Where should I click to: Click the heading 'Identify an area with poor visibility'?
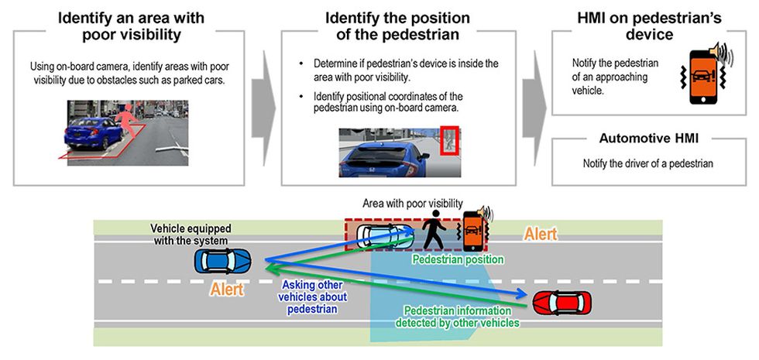pos(131,26)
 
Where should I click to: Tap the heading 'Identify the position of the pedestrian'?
pos(397,26)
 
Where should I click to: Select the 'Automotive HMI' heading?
pos(649,139)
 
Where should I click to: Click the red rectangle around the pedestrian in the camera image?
pos(449,141)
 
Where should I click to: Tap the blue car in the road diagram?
pos(223,262)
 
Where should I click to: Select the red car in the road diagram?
pos(562,303)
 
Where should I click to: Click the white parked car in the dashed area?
pos(386,235)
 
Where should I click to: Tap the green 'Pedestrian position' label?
pos(458,260)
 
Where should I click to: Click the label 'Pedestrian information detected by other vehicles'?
pos(458,317)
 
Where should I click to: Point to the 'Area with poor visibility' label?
pos(413,203)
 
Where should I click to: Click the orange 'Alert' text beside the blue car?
pos(227,290)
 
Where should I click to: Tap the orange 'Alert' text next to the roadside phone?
pos(541,234)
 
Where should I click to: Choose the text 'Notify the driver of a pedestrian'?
pos(648,163)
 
